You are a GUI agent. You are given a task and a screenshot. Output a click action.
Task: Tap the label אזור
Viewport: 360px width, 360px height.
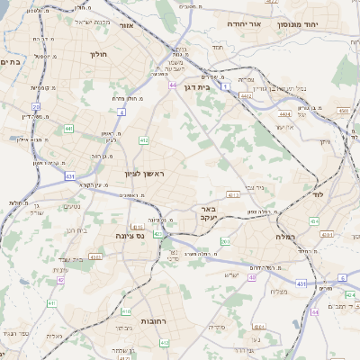click(126, 25)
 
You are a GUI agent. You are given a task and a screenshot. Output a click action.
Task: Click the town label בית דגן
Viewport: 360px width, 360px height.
click(208, 88)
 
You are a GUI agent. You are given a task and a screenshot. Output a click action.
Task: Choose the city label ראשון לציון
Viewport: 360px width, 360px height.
click(143, 173)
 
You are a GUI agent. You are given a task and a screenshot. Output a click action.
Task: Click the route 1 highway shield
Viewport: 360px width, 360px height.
click(227, 85)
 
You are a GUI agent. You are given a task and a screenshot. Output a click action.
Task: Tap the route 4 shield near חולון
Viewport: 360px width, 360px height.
click(121, 112)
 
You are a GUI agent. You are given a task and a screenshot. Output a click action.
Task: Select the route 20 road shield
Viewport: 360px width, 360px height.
click(37, 106)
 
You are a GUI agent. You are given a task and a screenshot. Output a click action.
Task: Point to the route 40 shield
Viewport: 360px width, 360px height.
click(253, 277)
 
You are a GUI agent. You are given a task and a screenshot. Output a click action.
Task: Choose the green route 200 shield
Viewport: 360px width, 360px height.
click(225, 242)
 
